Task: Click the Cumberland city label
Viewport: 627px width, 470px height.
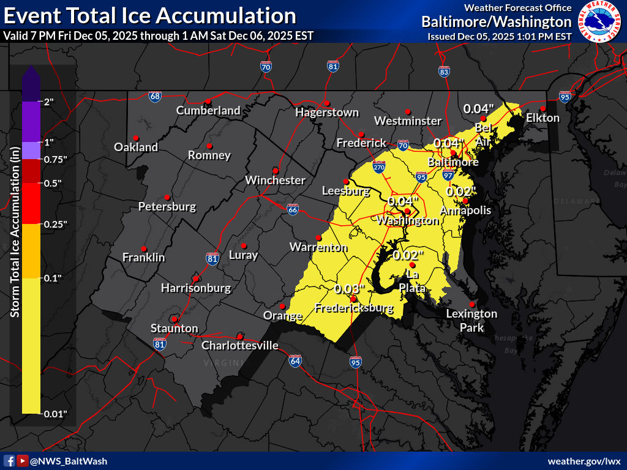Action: [x=208, y=111]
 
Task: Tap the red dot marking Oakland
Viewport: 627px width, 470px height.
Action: [x=135, y=138]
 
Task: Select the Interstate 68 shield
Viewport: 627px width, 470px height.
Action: [x=155, y=96]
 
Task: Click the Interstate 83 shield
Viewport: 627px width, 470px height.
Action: [x=445, y=72]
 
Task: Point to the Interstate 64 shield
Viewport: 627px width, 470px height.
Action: [x=295, y=360]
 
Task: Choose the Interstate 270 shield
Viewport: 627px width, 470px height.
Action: [x=379, y=166]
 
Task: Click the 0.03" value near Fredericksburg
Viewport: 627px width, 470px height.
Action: [x=350, y=288]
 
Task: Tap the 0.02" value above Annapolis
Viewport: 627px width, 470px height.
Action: [x=461, y=191]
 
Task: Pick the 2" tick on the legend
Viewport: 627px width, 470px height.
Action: [x=49, y=102]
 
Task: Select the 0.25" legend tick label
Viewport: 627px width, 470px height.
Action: [x=55, y=224]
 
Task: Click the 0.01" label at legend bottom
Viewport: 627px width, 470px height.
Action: [x=55, y=414]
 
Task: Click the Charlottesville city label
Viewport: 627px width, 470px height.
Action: [x=240, y=346]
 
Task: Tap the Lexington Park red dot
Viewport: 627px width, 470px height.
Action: [x=472, y=304]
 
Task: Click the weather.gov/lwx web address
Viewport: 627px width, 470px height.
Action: [x=584, y=461]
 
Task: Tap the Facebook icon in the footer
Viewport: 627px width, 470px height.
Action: [x=9, y=461]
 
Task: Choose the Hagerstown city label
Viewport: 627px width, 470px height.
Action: [x=326, y=113]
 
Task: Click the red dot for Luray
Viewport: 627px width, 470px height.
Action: [x=243, y=245]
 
